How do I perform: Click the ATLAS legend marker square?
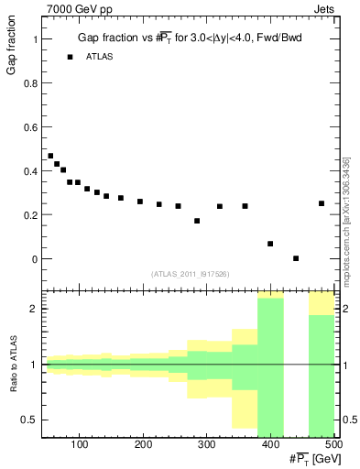[70, 57]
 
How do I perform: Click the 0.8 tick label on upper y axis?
[30, 83]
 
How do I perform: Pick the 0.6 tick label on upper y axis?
[30, 127]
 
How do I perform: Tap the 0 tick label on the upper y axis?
[35, 259]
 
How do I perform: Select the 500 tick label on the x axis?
[333, 445]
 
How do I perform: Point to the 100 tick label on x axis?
[80, 445]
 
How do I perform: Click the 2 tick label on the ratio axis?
[35, 309]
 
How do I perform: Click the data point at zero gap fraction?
[296, 258]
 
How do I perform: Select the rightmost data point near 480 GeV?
[322, 203]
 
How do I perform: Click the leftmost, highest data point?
[50, 156]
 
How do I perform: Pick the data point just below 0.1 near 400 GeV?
[270, 244]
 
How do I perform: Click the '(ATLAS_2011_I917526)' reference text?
[190, 273]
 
